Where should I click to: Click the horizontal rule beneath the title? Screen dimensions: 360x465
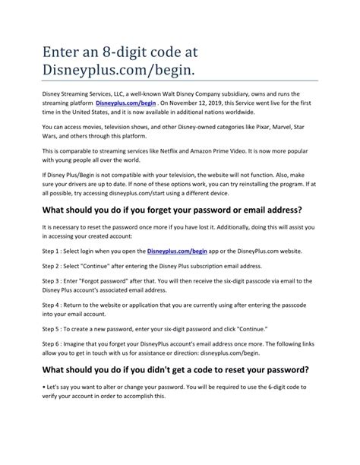[x=180, y=79]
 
